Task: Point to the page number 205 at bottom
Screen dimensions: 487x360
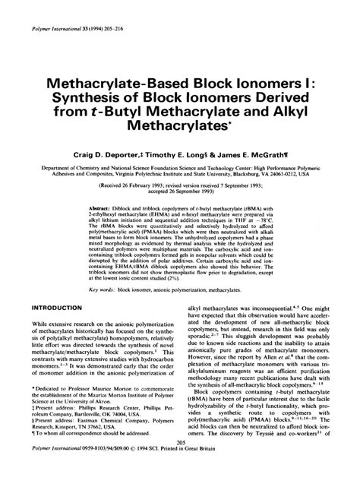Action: [181, 464]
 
